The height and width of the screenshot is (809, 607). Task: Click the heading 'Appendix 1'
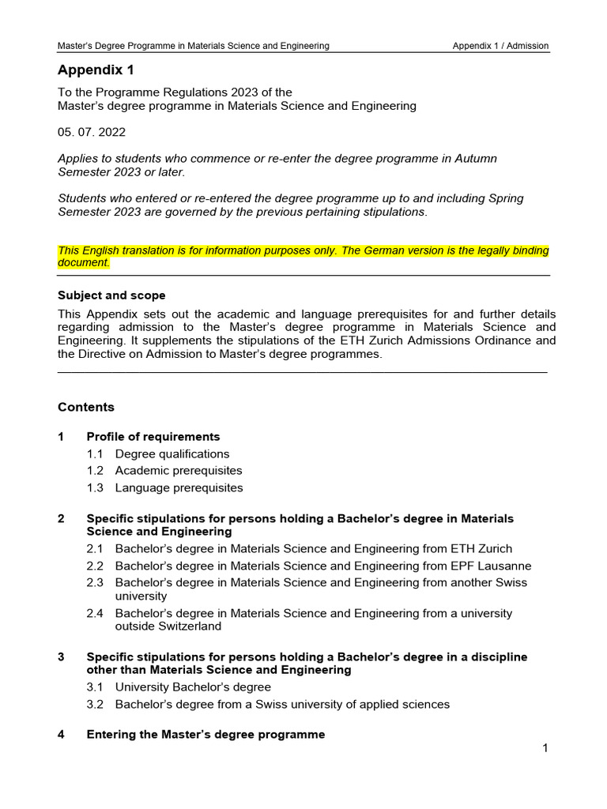coord(96,70)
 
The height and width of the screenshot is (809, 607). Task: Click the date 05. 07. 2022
coord(92,132)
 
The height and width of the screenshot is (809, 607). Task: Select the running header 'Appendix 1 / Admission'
coord(500,46)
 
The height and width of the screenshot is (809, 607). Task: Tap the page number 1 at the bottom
coord(545,748)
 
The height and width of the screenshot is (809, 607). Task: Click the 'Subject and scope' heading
coord(111,295)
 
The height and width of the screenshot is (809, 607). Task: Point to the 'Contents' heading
coord(86,407)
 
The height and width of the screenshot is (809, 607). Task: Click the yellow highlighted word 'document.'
coord(84,262)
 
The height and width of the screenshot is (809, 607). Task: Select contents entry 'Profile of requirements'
coord(153,437)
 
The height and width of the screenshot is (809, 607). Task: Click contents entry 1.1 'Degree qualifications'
coord(172,454)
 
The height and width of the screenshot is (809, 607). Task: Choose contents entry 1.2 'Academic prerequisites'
coord(179,471)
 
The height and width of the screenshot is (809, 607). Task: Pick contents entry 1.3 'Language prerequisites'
coord(179,487)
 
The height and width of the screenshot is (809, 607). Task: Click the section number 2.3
coord(96,582)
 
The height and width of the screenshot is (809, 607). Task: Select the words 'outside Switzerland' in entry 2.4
coord(168,627)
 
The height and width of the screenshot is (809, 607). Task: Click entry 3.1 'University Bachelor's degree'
coord(193,687)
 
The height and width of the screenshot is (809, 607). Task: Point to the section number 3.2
coord(96,704)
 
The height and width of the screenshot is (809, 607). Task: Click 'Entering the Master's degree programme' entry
coord(205,735)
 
